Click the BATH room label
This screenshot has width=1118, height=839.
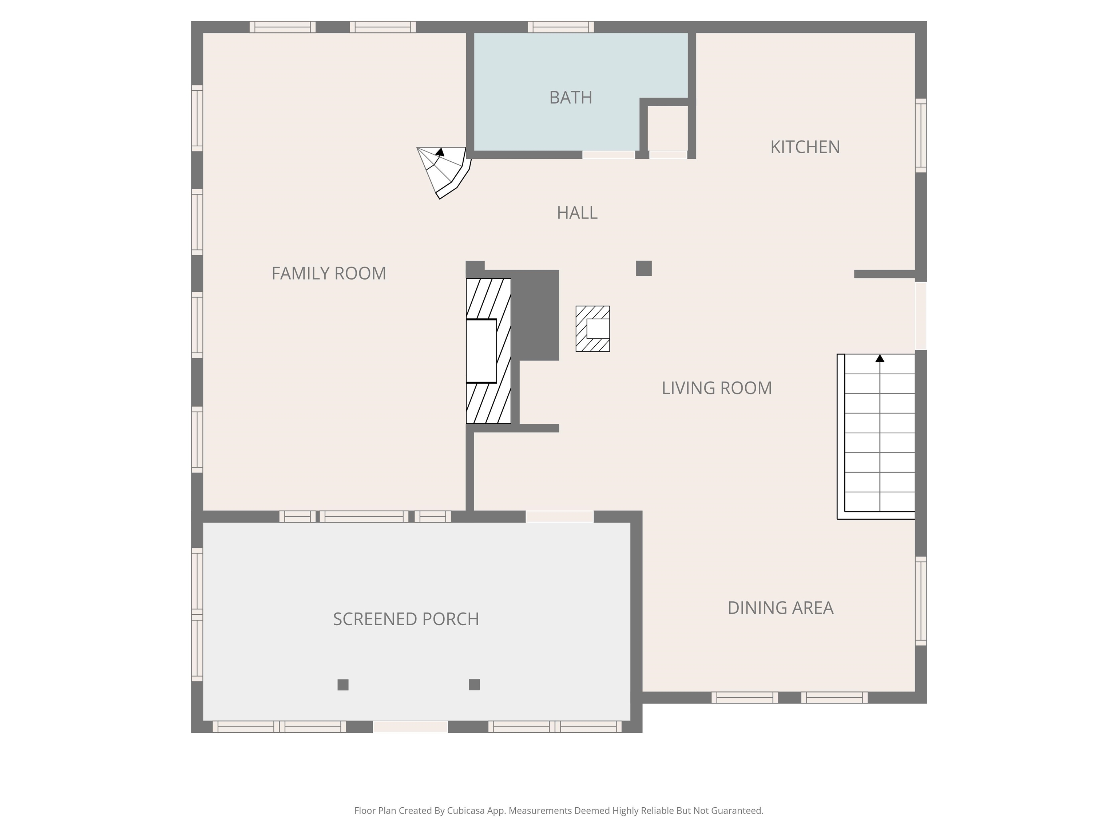pyautogui.click(x=571, y=97)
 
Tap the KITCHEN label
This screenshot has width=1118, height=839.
pyautogui.click(x=805, y=147)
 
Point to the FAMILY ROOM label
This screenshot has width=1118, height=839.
pyautogui.click(x=329, y=273)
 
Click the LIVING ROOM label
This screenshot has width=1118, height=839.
pyautogui.click(x=716, y=388)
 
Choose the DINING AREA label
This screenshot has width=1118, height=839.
pyautogui.click(x=780, y=608)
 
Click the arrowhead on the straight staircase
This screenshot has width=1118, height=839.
pyautogui.click(x=879, y=359)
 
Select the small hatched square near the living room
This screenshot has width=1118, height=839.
pyautogui.click(x=592, y=329)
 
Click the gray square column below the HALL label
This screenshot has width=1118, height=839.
pyautogui.click(x=643, y=268)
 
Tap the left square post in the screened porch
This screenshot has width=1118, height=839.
pyautogui.click(x=343, y=685)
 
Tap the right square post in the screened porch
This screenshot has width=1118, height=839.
pyautogui.click(x=474, y=685)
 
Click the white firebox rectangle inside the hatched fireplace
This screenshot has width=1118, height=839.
pyautogui.click(x=481, y=351)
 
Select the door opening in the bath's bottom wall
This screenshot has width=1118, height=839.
pyautogui.click(x=608, y=155)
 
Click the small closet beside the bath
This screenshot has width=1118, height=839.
pyautogui.click(x=667, y=127)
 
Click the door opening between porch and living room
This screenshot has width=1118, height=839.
pyautogui.click(x=559, y=516)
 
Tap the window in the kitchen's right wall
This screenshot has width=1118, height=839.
pyautogui.click(x=920, y=135)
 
